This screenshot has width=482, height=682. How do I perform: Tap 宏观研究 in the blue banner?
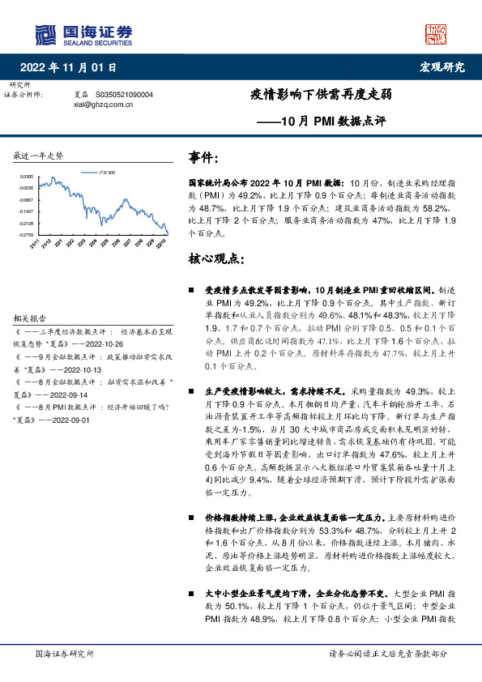tap(442, 67)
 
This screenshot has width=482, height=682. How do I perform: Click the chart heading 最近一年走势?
tap(39, 155)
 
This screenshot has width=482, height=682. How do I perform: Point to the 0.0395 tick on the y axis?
tap(27, 176)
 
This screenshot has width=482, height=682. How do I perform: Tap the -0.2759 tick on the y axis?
tap(27, 234)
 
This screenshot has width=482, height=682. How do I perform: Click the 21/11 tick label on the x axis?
tap(35, 244)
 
